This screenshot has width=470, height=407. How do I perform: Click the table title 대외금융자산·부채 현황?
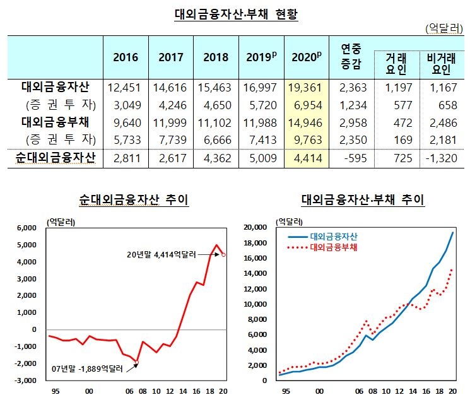click(x=235, y=14)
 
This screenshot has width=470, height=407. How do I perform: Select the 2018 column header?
click(x=216, y=57)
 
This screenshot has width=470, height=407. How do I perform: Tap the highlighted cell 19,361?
click(x=307, y=87)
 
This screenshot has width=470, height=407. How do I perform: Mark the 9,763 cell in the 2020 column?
click(x=307, y=139)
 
